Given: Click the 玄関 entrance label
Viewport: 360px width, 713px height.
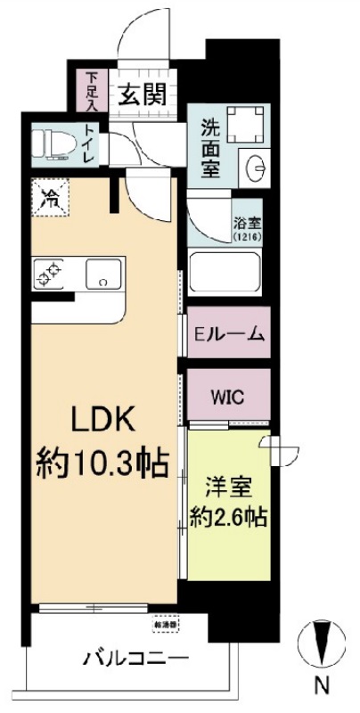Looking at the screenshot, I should pyautogui.click(x=143, y=94).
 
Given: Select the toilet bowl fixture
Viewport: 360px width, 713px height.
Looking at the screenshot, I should pyautogui.click(x=53, y=143).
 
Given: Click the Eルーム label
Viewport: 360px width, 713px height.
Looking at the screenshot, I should pyautogui.click(x=230, y=335).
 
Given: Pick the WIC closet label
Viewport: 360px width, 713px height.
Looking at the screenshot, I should pyautogui.click(x=227, y=394).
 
